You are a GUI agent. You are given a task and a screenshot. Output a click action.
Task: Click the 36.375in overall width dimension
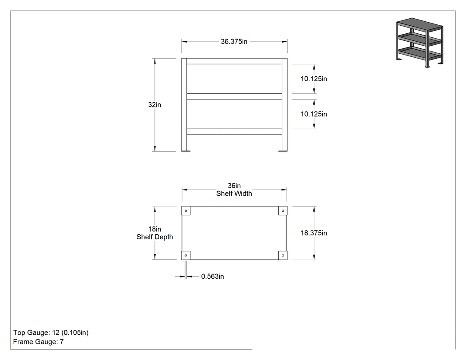click(234, 42)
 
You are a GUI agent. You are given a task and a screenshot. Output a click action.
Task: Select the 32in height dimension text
click(154, 105)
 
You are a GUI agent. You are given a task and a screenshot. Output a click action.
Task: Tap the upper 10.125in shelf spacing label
click(313, 79)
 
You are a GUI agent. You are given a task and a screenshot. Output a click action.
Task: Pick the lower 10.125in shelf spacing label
click(313, 114)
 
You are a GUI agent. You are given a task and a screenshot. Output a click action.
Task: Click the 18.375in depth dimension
click(313, 233)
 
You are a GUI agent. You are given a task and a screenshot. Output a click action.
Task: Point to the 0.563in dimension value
click(213, 277)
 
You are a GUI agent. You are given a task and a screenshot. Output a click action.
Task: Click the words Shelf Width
click(234, 194)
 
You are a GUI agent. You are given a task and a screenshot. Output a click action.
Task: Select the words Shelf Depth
click(154, 237)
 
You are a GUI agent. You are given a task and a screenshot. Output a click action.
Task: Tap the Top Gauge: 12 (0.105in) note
click(51, 332)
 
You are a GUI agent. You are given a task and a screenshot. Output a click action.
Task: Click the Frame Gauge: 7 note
click(38, 342)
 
